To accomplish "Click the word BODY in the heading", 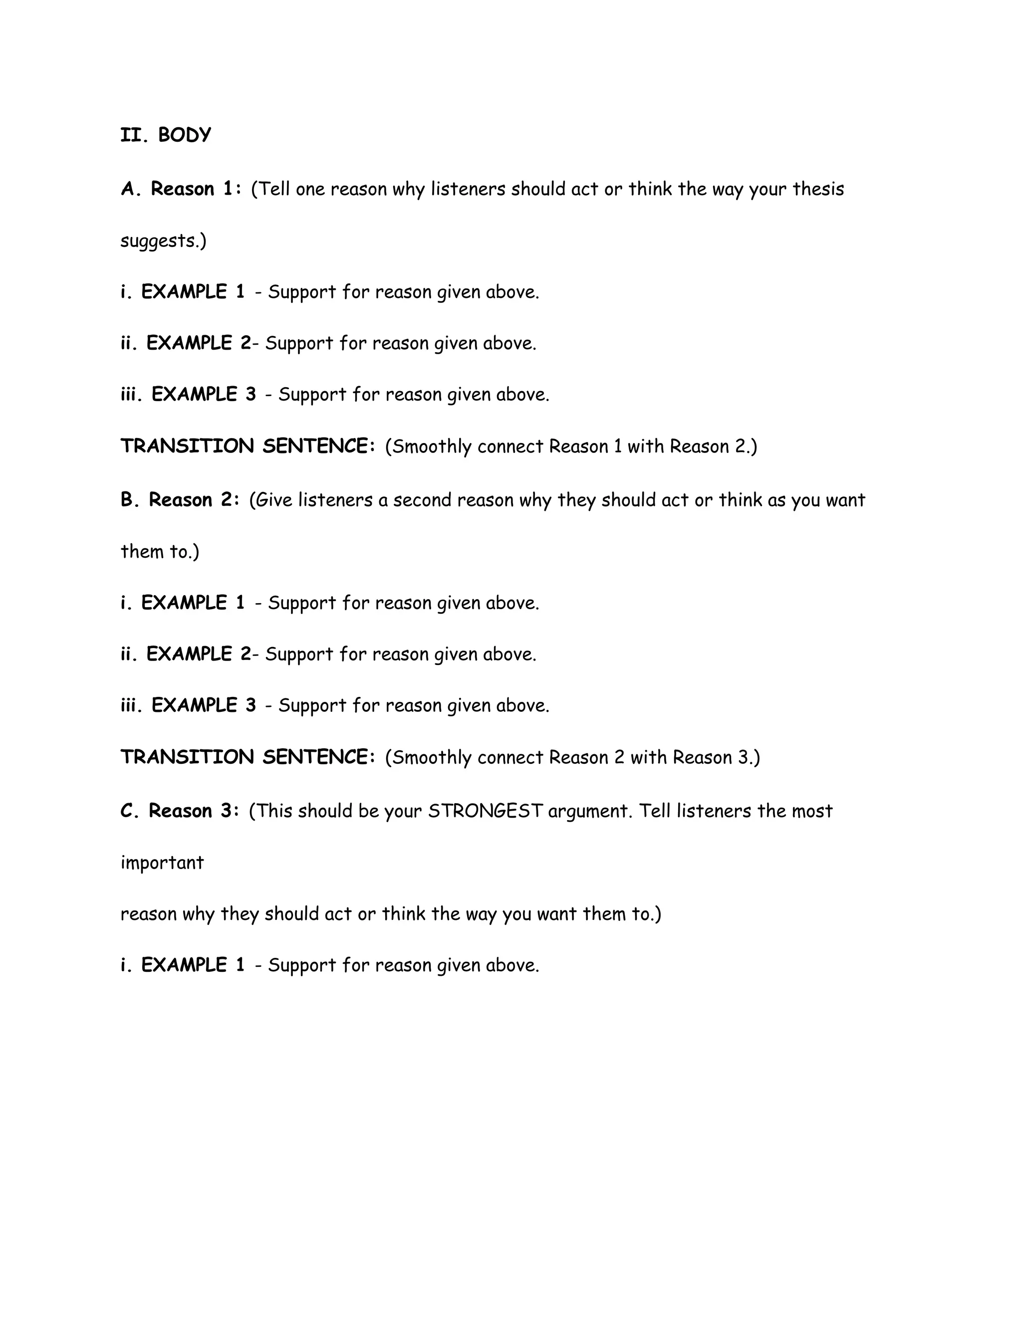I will pyautogui.click(x=185, y=135).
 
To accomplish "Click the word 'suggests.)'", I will pyautogui.click(x=164, y=241).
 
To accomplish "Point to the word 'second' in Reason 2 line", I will pyautogui.click(x=422, y=500).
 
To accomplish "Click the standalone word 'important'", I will pyautogui.click(x=162, y=863).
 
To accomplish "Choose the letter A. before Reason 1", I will pyautogui.click(x=131, y=189).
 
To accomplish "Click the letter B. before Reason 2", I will pyautogui.click(x=130, y=500).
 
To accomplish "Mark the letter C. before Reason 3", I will pyautogui.click(x=130, y=811).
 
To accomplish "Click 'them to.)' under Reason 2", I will pyautogui.click(x=160, y=551).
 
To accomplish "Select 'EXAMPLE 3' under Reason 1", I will pyautogui.click(x=204, y=395).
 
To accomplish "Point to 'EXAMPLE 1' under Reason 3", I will pyautogui.click(x=193, y=965).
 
